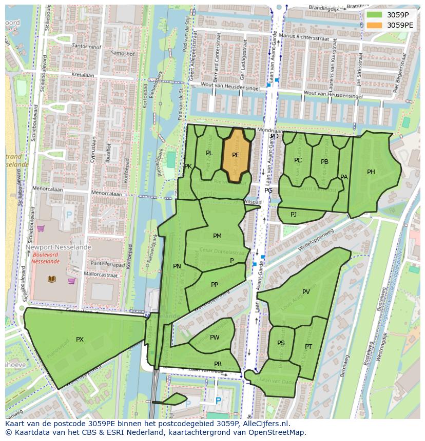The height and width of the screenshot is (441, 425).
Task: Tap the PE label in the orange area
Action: tap(236, 155)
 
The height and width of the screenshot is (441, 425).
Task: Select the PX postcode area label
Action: tap(80, 339)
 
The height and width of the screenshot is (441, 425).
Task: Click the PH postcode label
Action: tap(371, 172)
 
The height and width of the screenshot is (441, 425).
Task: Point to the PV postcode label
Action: tap(306, 292)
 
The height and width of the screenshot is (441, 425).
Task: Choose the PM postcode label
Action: tap(217, 236)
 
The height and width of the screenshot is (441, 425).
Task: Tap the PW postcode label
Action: tap(215, 337)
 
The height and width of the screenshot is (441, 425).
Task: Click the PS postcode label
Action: tap(281, 343)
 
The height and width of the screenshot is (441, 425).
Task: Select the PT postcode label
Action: tap(308, 347)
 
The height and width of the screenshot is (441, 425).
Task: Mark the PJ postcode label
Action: tap(294, 214)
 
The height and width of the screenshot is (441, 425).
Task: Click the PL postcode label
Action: tap(209, 153)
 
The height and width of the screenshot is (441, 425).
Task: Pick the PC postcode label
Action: tap(298, 160)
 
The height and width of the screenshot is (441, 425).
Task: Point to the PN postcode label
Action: tap(177, 266)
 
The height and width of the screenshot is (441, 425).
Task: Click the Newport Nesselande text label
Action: tap(59, 247)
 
